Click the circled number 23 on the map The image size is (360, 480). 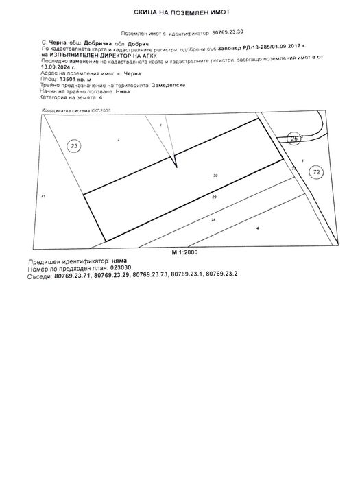tap(75, 145)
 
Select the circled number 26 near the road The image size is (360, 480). tap(294, 139)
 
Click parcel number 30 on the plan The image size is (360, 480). tap(215, 176)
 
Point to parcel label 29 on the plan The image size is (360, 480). tap(215, 197)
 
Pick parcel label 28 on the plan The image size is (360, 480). tap(213, 219)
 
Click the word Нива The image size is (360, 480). tap(103, 91)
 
